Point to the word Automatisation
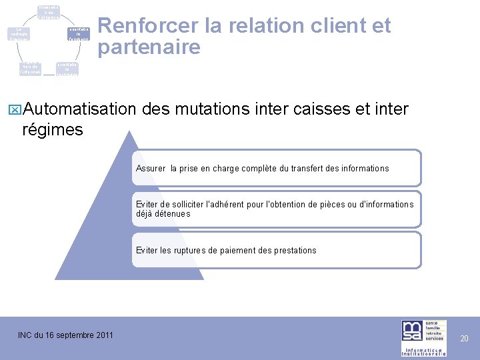point(79,109)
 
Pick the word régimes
point(53,130)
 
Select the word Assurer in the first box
point(150,169)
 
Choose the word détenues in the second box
point(174,214)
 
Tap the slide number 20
point(465,339)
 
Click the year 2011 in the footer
point(102,335)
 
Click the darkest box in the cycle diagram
point(79,34)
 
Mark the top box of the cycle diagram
point(49,11)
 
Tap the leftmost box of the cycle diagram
point(19,33)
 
